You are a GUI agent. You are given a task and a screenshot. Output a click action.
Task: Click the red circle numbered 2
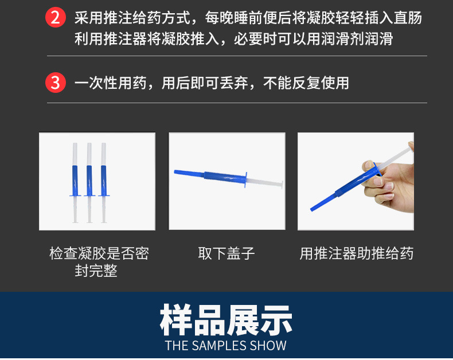56,17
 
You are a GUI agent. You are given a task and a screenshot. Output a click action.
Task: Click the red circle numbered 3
56,83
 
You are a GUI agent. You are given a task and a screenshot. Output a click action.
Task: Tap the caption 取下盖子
226,253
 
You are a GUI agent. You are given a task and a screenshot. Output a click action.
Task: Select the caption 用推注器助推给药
357,253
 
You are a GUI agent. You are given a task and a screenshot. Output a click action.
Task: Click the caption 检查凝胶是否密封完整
99,262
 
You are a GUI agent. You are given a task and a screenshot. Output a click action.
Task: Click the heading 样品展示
226,320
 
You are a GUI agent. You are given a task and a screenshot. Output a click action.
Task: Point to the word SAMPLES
218,346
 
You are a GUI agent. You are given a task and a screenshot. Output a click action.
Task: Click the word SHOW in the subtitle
268,346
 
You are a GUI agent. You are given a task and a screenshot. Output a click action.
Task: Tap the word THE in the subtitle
177,346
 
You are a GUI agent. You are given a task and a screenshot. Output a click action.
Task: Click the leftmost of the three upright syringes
75,183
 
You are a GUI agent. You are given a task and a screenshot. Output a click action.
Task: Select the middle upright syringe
89,183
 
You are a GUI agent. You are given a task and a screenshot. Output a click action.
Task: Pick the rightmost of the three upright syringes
104,183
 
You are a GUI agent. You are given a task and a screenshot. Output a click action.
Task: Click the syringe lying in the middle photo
228,179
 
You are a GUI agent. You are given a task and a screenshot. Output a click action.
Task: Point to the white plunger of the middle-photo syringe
265,182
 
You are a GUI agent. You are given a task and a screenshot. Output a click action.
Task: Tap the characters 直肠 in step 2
408,18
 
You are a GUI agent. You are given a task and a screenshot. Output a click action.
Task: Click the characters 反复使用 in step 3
321,83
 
